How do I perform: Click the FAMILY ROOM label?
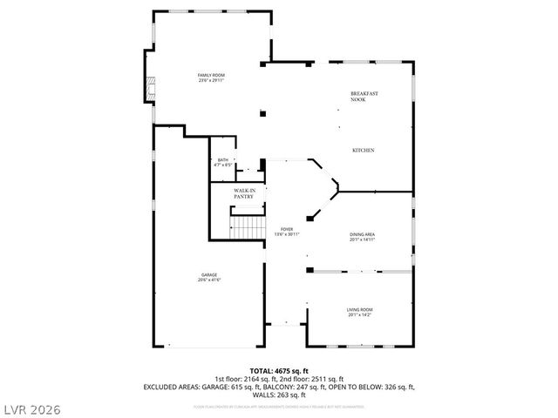coord(211,76)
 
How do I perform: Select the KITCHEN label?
coord(363,151)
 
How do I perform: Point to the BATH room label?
coord(223,159)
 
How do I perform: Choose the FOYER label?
coord(287,228)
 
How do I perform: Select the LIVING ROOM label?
coord(360,309)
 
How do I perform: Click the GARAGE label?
coord(209,275)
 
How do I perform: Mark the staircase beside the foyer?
coord(248,227)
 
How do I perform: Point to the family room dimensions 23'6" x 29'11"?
coord(211,81)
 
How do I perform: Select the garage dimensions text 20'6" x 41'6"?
coord(209,280)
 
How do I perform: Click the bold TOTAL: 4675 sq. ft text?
coord(278,371)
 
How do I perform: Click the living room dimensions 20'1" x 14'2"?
coord(360,314)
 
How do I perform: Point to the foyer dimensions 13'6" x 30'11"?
coord(287,233)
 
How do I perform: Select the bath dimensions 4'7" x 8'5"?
coord(223,165)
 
